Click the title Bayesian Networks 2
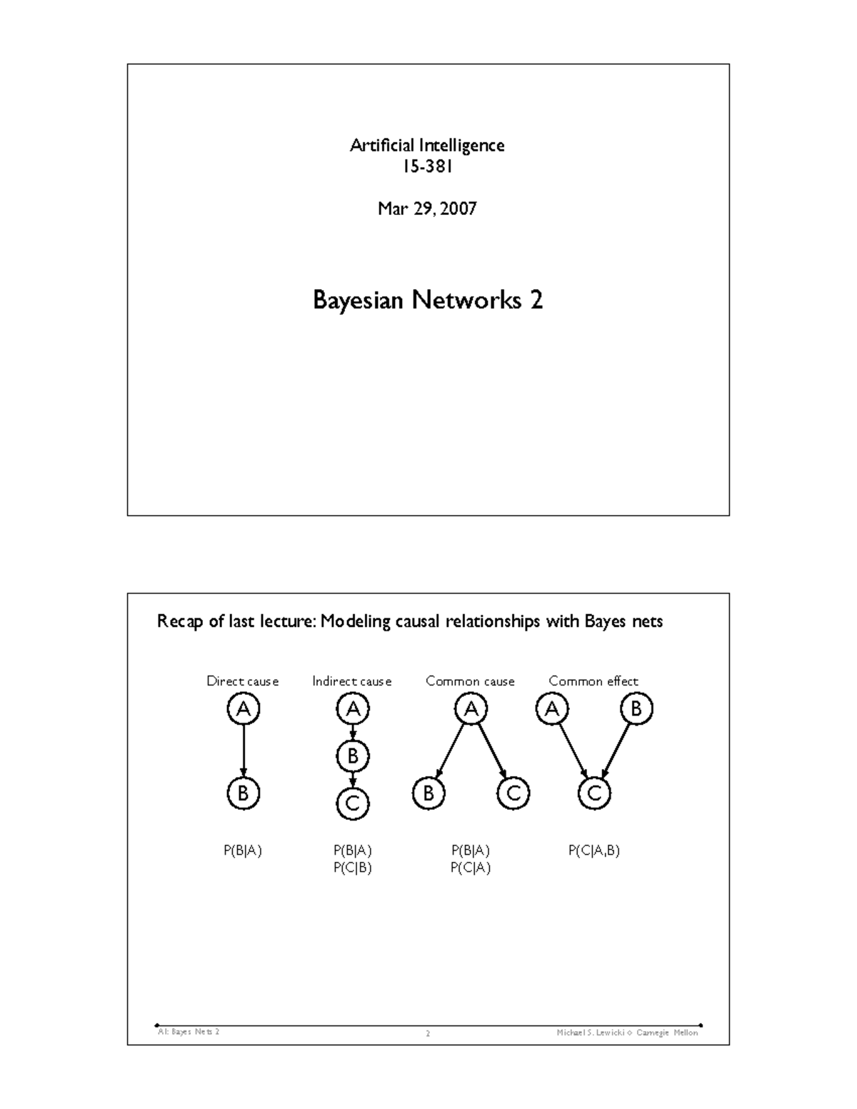(x=428, y=300)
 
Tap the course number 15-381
(x=427, y=166)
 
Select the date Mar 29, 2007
(x=427, y=209)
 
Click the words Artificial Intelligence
(x=427, y=146)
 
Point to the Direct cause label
(x=242, y=681)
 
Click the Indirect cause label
(x=351, y=681)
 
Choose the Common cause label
(x=470, y=681)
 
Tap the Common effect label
(x=593, y=681)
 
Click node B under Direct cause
(x=243, y=793)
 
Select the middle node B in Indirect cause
(x=353, y=756)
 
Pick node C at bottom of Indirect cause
(x=353, y=804)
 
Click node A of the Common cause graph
(x=471, y=709)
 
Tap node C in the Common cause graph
(x=513, y=793)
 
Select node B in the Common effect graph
(x=636, y=709)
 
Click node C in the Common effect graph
(x=594, y=793)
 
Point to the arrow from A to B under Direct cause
(x=244, y=750)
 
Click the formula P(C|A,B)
(x=593, y=850)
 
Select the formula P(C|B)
(x=352, y=868)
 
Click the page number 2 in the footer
(x=428, y=1033)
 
